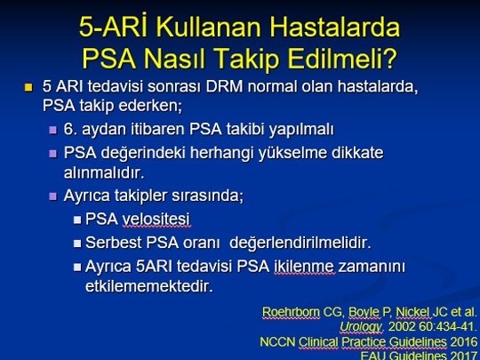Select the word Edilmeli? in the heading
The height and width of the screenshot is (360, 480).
coord(342,58)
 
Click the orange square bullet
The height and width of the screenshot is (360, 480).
coord(28,87)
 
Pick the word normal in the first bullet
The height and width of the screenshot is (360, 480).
coord(272,86)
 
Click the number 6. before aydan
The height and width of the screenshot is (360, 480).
coord(70,129)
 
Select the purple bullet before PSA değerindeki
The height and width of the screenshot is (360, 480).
coord(53,153)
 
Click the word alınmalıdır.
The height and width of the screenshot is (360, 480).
coord(104,173)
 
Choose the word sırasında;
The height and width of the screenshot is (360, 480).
coord(207,196)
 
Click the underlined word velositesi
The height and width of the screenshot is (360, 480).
coord(156,220)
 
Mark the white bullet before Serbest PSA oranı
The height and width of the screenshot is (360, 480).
coord(77,244)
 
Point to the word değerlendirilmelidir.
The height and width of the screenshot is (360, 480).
coord(300,243)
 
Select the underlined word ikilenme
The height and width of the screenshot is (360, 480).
coord(304,267)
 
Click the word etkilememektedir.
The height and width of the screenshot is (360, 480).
coord(149,286)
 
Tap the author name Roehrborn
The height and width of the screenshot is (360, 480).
coord(291,312)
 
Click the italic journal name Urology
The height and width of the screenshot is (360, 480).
coord(361,327)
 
